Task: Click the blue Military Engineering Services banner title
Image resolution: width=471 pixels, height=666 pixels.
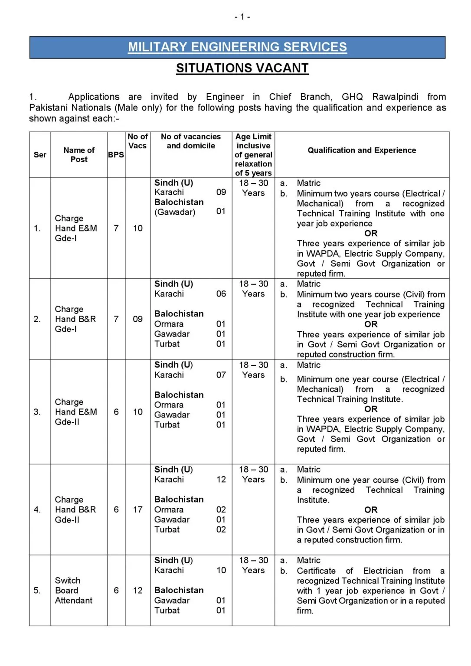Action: click(237, 47)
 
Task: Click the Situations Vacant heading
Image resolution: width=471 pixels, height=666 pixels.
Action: click(242, 68)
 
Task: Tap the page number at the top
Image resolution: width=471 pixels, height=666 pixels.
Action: click(242, 17)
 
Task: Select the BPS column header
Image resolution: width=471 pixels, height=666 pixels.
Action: click(116, 155)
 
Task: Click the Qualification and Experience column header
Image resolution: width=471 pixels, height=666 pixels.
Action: click(362, 150)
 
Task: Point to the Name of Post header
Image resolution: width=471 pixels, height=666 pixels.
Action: click(79, 155)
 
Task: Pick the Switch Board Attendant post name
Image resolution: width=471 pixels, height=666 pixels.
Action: click(73, 591)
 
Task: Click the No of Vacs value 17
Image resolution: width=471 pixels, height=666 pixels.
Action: click(138, 509)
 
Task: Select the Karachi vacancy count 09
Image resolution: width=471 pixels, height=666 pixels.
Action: click(221, 192)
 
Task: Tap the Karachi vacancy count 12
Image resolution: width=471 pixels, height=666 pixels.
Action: click(221, 480)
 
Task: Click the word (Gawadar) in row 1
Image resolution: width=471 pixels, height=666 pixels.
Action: click(175, 212)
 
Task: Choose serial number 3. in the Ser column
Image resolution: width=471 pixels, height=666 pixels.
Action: click(37, 412)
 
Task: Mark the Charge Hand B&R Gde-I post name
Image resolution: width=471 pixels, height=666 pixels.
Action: click(75, 319)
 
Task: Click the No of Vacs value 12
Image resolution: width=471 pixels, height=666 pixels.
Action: click(138, 591)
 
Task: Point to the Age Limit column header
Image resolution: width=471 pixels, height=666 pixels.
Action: click(253, 155)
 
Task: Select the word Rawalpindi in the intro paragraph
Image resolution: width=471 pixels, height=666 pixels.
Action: click(395, 97)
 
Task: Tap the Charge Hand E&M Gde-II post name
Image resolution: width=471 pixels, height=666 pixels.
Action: click(75, 412)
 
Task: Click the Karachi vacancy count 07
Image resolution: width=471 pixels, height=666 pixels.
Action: click(221, 375)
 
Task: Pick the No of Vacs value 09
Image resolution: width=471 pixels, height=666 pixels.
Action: click(138, 319)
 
